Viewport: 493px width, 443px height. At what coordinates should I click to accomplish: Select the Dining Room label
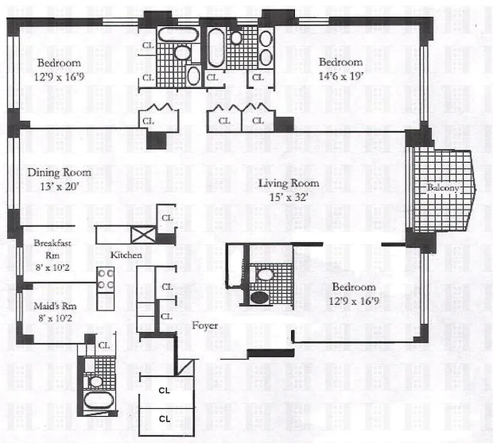click(59, 172)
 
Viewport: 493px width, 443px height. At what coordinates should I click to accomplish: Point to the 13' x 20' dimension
click(59, 186)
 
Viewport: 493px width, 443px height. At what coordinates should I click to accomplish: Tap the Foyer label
click(205, 326)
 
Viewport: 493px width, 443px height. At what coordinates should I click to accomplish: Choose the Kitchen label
click(126, 255)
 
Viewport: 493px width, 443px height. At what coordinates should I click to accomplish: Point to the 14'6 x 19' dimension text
click(340, 76)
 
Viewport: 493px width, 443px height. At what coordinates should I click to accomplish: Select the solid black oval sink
click(259, 297)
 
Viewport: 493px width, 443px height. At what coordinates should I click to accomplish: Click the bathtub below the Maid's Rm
click(99, 399)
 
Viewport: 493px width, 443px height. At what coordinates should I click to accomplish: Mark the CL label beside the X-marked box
click(167, 218)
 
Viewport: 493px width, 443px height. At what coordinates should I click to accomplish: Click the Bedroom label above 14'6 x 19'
click(340, 62)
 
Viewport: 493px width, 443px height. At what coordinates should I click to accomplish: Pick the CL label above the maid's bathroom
click(104, 345)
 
